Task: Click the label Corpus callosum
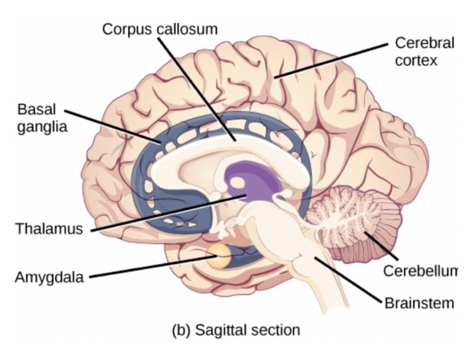(x=160, y=30)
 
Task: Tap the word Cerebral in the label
(x=424, y=43)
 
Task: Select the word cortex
(x=416, y=60)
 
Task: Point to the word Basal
(x=37, y=109)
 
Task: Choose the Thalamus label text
(x=49, y=229)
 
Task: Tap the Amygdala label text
(x=49, y=277)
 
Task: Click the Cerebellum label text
(x=420, y=271)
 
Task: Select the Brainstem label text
(x=419, y=303)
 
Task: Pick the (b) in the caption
(x=181, y=330)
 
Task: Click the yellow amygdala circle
(x=219, y=256)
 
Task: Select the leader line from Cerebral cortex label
(x=330, y=61)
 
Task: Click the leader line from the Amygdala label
(x=153, y=267)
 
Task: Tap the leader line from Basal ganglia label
(x=112, y=126)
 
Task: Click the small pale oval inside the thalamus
(x=238, y=182)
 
